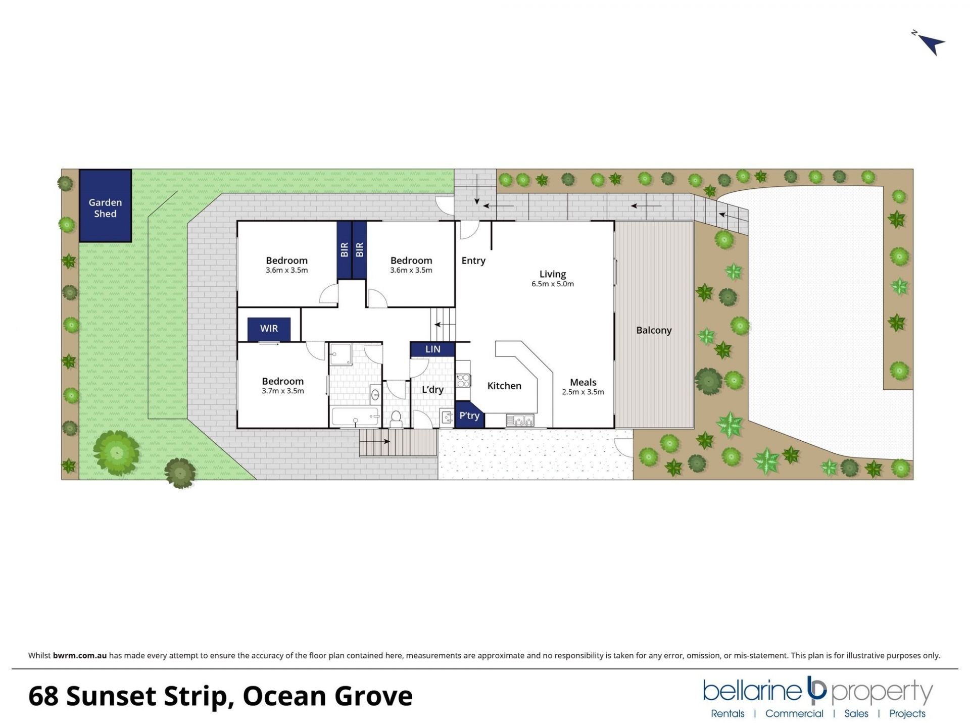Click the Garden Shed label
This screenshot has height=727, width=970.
(105, 208)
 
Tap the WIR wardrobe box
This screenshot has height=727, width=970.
(269, 329)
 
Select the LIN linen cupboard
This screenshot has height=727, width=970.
(432, 349)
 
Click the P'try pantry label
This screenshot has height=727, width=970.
(469, 416)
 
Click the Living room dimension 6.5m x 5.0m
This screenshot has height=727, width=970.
(552, 284)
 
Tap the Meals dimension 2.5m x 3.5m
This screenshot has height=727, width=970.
(583, 392)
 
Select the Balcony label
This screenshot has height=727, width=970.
(654, 330)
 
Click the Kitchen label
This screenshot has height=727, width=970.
(504, 386)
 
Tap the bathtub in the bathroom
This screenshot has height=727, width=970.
(355, 417)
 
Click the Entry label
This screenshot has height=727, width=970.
(473, 261)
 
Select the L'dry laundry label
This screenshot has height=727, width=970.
(432, 389)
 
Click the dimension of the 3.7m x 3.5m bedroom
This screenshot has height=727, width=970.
(282, 391)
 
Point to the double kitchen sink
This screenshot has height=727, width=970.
(520, 419)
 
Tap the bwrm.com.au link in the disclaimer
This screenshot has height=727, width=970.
(80, 655)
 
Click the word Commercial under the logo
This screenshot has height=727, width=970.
(794, 713)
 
